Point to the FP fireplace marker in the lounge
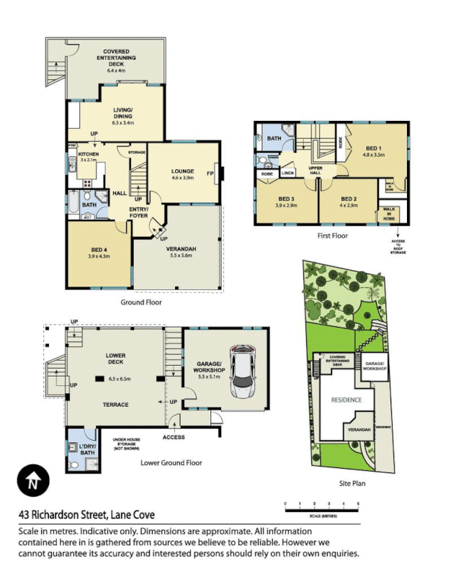point(210,174)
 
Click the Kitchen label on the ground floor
point(88,157)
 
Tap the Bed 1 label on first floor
point(374,150)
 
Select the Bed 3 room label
point(287,202)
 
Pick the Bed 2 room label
point(349,202)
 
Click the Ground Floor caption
point(141,302)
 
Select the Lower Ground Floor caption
point(171,463)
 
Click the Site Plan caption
point(352,483)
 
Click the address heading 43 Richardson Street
point(86,515)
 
